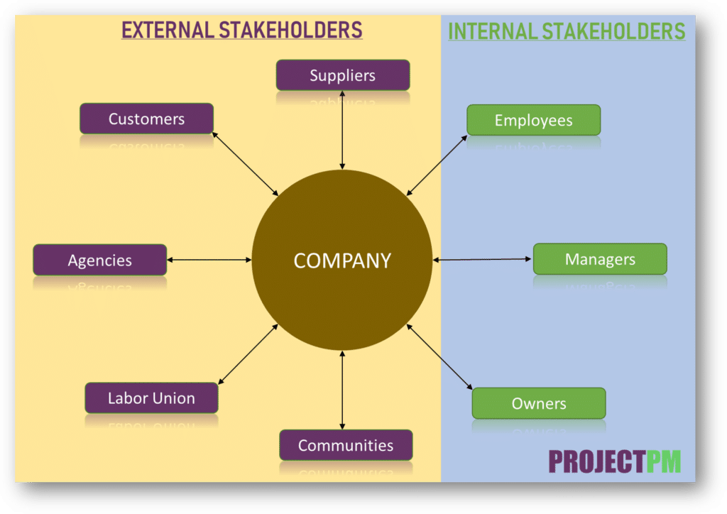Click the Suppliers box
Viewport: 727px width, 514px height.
pos(342,75)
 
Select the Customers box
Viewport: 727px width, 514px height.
pos(146,119)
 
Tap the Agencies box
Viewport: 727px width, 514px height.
pos(99,260)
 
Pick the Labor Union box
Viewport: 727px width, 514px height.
pos(151,398)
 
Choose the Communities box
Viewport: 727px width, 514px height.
pos(345,445)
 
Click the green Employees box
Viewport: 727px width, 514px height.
pos(533,120)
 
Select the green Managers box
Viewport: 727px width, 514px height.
pos(600,259)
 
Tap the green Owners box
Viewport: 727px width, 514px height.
pos(539,403)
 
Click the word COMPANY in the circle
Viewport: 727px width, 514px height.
pos(342,261)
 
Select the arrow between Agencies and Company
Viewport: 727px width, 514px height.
pos(209,260)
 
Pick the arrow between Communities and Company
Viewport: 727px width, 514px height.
pos(342,390)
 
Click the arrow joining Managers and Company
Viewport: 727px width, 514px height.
pos(483,260)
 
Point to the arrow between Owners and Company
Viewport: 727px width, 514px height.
pos(439,357)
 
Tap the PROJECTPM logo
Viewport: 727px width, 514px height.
pos(614,461)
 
